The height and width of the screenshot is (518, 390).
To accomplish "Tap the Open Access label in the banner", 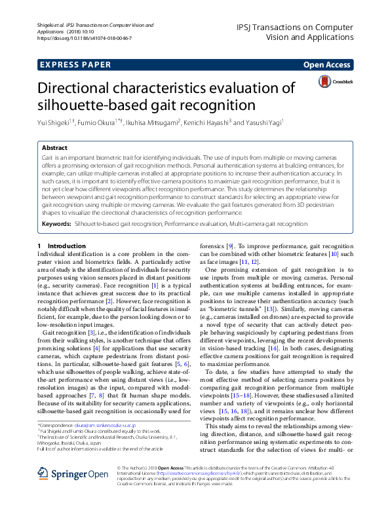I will [326, 65].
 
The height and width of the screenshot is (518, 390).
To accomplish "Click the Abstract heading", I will [54, 149].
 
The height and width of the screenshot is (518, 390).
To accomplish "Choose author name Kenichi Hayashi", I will [207, 122].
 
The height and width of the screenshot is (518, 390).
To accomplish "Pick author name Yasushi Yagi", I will [262, 122].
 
